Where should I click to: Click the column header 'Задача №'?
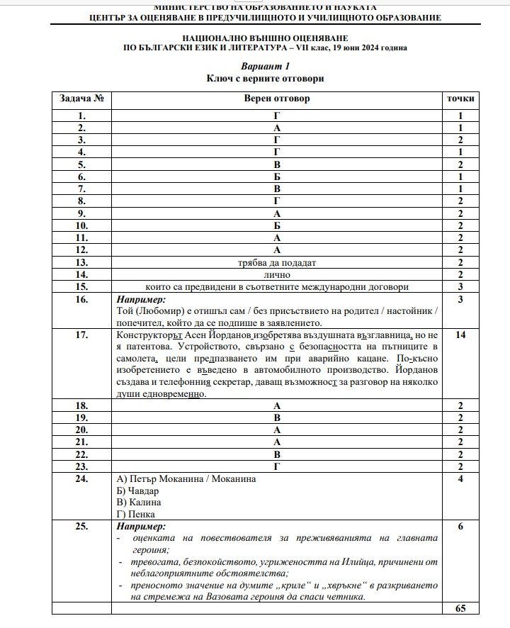coord(82,99)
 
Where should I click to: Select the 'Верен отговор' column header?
coord(277,99)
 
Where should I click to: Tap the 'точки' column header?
coord(460,99)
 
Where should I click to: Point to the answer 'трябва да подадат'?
coord(277,262)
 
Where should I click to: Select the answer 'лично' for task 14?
coord(277,274)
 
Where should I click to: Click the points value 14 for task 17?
coord(460,335)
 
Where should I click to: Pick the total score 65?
coord(460,608)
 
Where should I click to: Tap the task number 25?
coord(82,527)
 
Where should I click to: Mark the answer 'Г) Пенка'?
coord(135,515)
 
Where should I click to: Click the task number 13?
coord(82,262)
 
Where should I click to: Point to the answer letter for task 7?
coord(277,189)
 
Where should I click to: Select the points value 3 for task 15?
coord(460,286)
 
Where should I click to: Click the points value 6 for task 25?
coord(460,527)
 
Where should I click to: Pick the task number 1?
coord(82,116)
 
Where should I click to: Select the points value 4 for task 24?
coord(460,478)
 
